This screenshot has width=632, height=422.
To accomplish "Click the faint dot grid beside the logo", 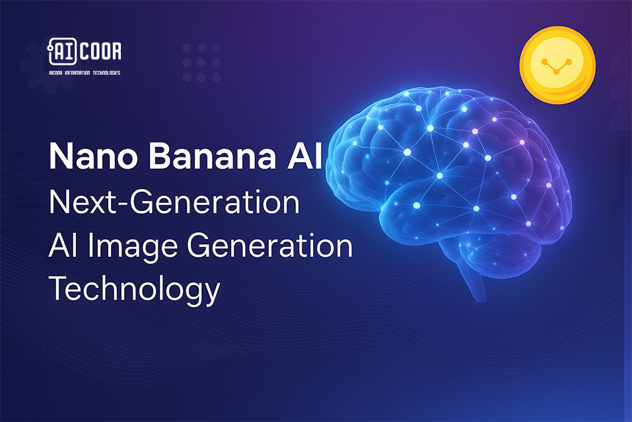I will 201,62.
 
